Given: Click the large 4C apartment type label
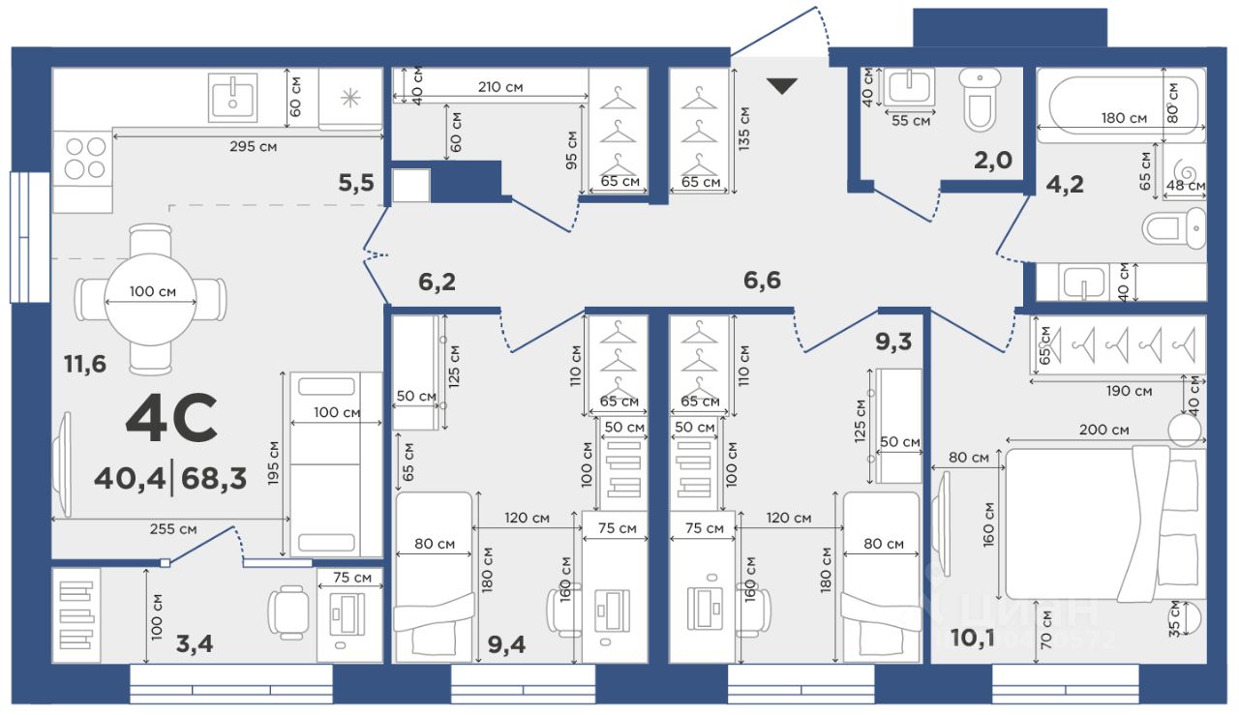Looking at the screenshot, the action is (x=171, y=418).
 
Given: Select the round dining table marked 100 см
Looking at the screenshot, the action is (x=150, y=299).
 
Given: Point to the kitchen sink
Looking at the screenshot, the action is (x=233, y=98).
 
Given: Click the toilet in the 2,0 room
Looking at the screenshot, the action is (x=980, y=99).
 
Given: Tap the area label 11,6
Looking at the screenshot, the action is (x=85, y=364).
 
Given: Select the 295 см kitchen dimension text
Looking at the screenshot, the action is (x=254, y=146).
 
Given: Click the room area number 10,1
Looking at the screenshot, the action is (x=973, y=639).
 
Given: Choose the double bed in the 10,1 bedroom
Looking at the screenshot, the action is (x=1105, y=523).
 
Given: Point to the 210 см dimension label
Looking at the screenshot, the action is (x=500, y=87).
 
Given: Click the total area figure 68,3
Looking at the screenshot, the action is (x=214, y=478).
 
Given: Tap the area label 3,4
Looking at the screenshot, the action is (x=195, y=643).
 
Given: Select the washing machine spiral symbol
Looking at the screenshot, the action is (x=1185, y=169).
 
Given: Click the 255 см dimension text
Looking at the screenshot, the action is (x=173, y=529).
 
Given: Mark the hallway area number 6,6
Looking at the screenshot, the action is (x=762, y=281).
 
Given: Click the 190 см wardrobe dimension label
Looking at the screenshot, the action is (x=1129, y=391).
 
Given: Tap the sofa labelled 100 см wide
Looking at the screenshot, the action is (x=336, y=464).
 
